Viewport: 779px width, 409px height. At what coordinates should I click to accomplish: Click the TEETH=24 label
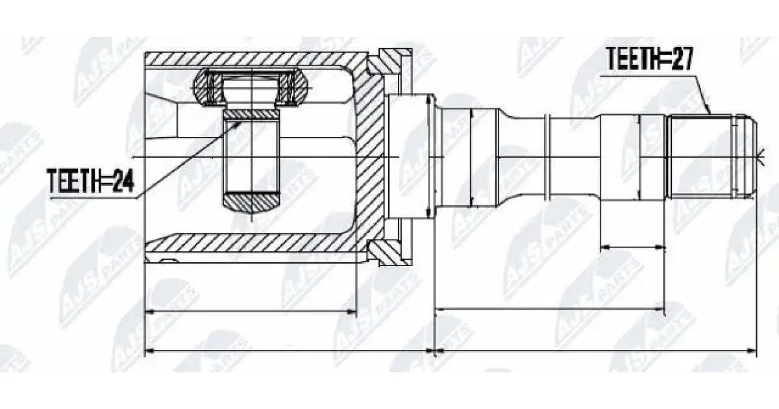90,181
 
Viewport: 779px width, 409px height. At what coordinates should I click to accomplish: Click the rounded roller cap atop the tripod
251,86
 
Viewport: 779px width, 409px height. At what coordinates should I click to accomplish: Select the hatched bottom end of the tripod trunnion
251,203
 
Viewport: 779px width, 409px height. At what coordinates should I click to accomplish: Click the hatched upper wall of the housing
251,58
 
